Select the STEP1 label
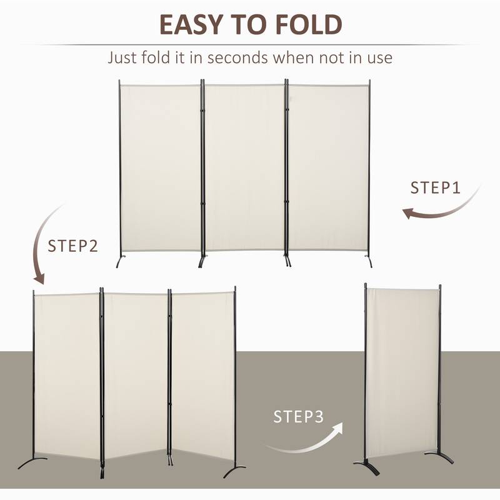[435, 187]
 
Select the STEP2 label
[73, 246]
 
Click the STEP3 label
[299, 417]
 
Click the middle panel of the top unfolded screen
[245, 167]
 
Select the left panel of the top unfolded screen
[160, 167]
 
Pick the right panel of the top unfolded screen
[327, 167]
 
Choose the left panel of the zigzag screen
[66, 375]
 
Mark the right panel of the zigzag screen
[202, 375]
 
